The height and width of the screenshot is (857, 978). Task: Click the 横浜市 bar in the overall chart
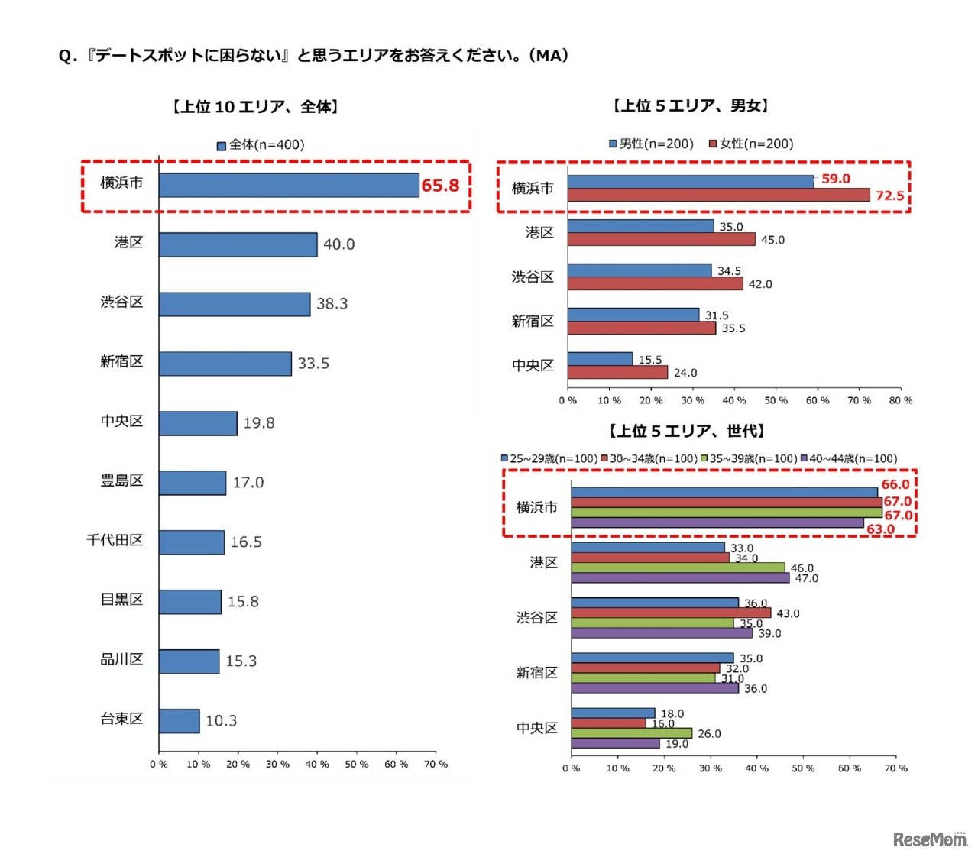(x=289, y=185)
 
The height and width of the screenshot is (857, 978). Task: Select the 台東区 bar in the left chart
(x=180, y=721)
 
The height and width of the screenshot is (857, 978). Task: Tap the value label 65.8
(x=441, y=186)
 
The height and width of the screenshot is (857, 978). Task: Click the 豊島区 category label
(x=121, y=481)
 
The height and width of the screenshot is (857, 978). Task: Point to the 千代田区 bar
(x=192, y=542)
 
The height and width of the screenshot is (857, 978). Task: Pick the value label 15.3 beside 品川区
(x=241, y=661)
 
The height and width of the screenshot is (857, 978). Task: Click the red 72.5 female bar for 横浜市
(x=718, y=196)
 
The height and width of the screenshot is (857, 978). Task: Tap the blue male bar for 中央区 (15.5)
(x=600, y=359)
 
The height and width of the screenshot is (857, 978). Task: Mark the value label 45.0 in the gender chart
(x=772, y=240)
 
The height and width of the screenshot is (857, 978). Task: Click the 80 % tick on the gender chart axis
(x=901, y=400)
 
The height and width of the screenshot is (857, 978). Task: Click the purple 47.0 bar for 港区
(x=680, y=578)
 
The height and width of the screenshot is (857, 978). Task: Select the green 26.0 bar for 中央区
(x=631, y=733)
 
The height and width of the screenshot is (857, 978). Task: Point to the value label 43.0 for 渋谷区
(x=788, y=613)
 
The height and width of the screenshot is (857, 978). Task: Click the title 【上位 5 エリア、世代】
(x=686, y=432)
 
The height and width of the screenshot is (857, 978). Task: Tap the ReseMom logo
(x=930, y=839)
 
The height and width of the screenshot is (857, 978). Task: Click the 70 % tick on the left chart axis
(x=436, y=765)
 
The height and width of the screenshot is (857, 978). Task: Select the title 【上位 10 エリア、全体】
(x=255, y=107)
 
